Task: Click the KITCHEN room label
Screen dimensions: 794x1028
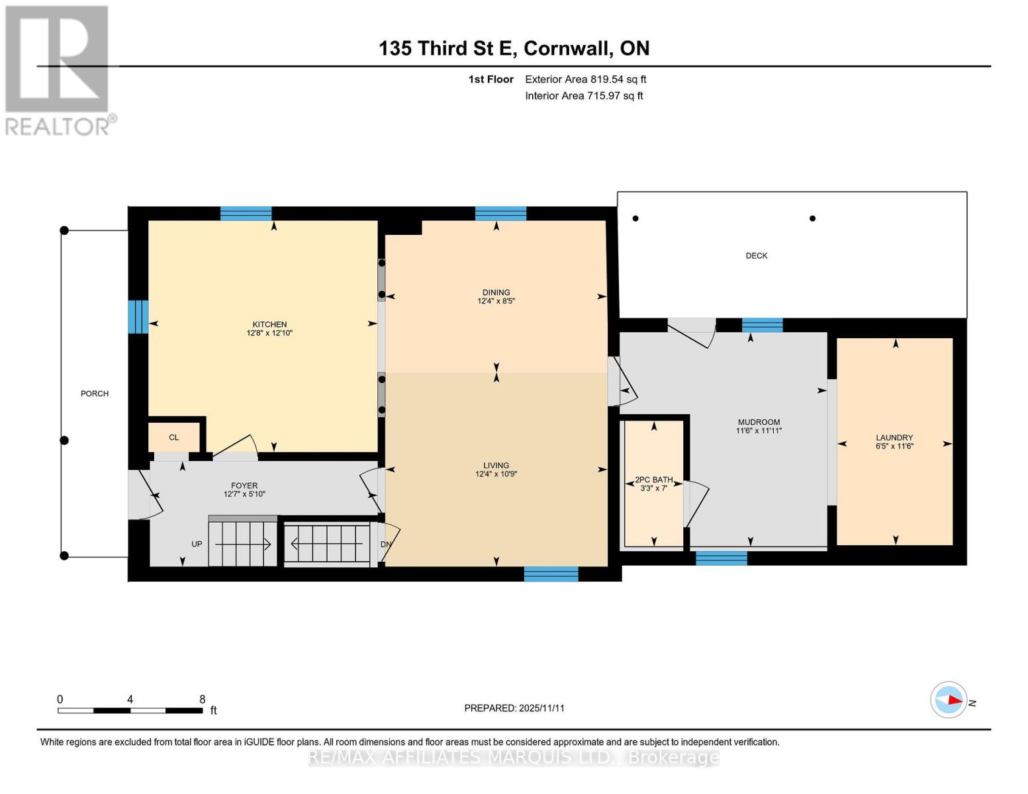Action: pyautogui.click(x=269, y=324)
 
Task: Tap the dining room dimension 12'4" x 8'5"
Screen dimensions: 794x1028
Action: pyautogui.click(x=496, y=301)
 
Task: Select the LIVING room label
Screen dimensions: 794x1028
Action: pyautogui.click(x=496, y=465)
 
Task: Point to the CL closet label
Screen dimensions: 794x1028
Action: pyautogui.click(x=173, y=437)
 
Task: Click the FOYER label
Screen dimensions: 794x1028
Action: pyautogui.click(x=244, y=486)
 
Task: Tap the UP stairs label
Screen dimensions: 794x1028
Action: pyautogui.click(x=197, y=544)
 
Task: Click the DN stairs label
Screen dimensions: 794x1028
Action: pyautogui.click(x=385, y=545)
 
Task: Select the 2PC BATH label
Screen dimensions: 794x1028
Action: pyautogui.click(x=653, y=480)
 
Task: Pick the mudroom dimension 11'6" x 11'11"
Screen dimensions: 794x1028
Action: pyautogui.click(x=759, y=431)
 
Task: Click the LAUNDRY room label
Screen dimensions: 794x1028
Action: pyautogui.click(x=894, y=437)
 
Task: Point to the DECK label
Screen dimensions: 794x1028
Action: pyautogui.click(x=757, y=255)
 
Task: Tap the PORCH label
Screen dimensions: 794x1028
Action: pyautogui.click(x=95, y=394)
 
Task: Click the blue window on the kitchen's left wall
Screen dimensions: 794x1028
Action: pyautogui.click(x=138, y=317)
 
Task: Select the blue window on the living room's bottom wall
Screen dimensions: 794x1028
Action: pyautogui.click(x=551, y=574)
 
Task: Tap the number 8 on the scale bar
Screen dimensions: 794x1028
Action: pyautogui.click(x=203, y=699)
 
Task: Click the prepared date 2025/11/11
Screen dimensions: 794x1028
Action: pyautogui.click(x=541, y=708)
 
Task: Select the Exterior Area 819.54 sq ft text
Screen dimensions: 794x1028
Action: pyautogui.click(x=585, y=79)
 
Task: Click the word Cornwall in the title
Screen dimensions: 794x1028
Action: pyautogui.click(x=567, y=48)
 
